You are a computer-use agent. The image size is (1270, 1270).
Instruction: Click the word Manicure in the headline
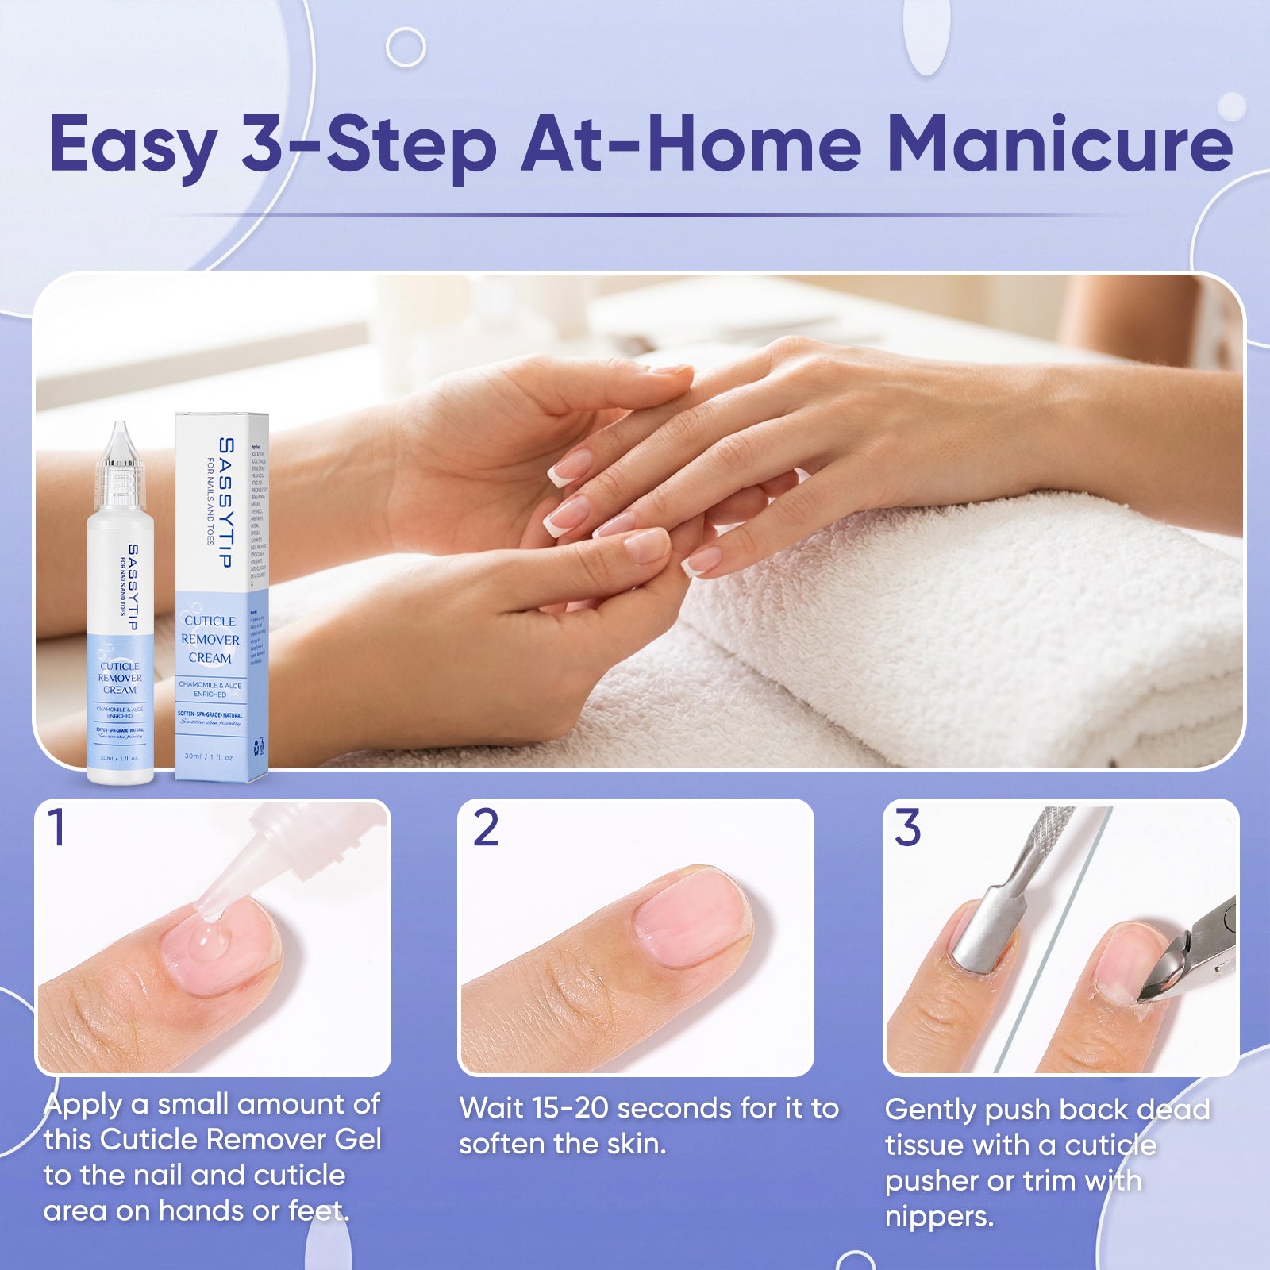point(1059,144)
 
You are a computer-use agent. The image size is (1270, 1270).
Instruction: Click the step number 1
point(56,828)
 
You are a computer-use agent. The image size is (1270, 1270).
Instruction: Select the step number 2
point(486,828)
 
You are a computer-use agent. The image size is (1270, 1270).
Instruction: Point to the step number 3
point(907,828)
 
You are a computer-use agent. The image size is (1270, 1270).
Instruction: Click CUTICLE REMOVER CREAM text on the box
point(210,639)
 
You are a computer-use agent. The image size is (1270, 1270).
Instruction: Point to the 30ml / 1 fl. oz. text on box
point(209,756)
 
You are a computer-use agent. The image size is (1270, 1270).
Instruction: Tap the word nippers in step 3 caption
point(939,1216)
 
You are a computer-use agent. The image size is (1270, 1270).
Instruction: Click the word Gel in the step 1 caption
point(358,1140)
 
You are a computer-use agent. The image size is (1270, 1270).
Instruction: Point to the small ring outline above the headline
point(406,48)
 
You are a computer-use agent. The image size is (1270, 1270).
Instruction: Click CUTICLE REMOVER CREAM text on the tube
point(120,678)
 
